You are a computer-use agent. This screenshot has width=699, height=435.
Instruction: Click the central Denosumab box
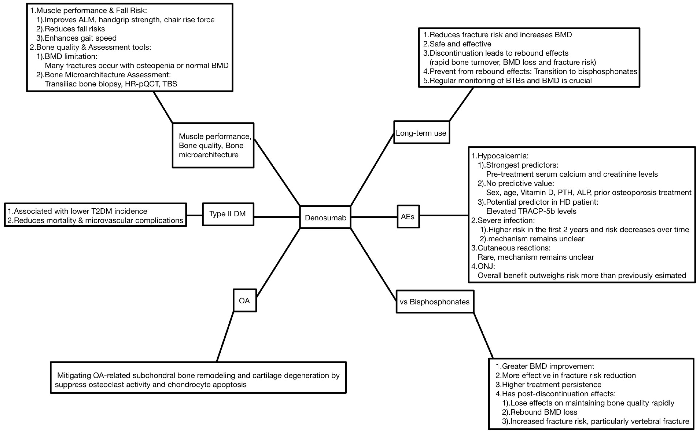325,217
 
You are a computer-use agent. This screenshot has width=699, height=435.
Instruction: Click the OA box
245,301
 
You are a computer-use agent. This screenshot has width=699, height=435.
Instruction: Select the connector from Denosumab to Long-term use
372,170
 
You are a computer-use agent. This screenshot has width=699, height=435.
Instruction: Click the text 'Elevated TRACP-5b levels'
531,211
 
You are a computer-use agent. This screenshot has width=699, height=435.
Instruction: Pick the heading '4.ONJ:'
483,266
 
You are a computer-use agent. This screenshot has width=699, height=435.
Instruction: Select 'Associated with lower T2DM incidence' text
77,211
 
